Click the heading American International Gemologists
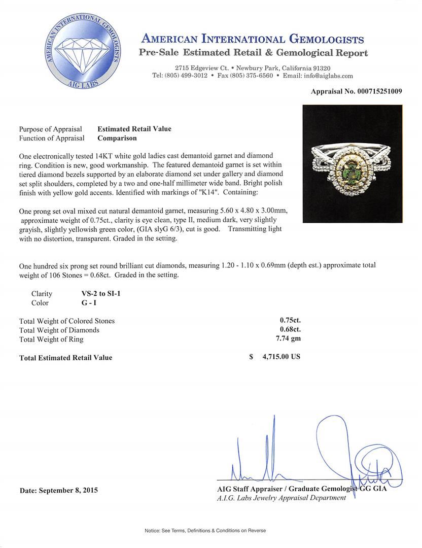(x=253, y=39)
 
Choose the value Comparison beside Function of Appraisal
(x=117, y=138)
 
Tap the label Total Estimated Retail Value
(x=65, y=358)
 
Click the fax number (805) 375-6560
(x=252, y=76)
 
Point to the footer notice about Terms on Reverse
(x=205, y=531)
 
